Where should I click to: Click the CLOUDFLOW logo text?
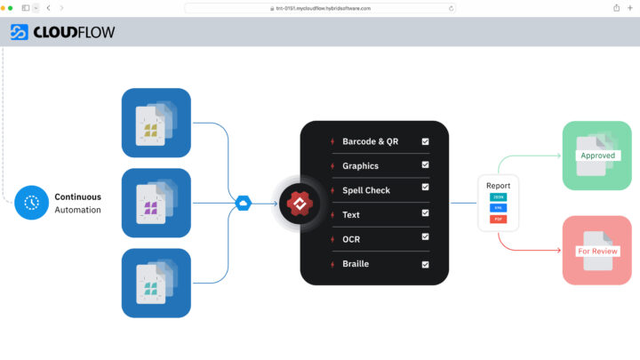(x=74, y=33)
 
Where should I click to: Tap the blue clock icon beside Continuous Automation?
(x=32, y=203)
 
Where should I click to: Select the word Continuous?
(x=77, y=196)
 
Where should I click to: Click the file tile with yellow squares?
(x=156, y=123)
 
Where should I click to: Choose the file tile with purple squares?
(x=156, y=203)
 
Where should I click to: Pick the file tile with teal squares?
(x=156, y=283)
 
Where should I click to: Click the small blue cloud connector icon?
(x=242, y=204)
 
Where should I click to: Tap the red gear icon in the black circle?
(x=299, y=204)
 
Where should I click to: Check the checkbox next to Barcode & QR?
(x=426, y=141)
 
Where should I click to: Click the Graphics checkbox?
(x=426, y=165)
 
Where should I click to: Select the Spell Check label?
(x=366, y=190)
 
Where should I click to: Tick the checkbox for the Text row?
(x=426, y=214)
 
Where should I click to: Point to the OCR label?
(x=351, y=239)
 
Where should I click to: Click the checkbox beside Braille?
(x=426, y=264)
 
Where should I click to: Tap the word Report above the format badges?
(x=498, y=185)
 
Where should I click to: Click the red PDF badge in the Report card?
(x=498, y=218)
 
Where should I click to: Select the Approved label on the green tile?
(x=597, y=156)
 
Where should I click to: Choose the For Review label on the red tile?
(x=596, y=251)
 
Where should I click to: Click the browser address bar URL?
(x=320, y=8)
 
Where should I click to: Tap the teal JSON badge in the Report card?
(x=498, y=196)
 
